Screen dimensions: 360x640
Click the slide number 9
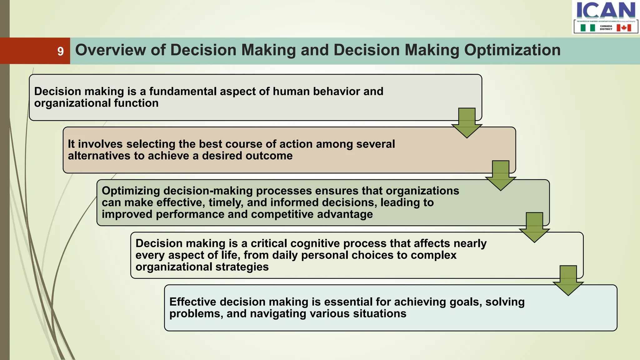click(x=60, y=51)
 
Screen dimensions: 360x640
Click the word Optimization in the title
click(x=512, y=50)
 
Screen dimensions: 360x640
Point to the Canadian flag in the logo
click(x=624, y=28)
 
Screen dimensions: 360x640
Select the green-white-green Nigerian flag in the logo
click(x=587, y=28)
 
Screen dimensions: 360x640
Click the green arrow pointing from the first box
click(x=467, y=123)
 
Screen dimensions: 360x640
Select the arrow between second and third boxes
click(x=501, y=176)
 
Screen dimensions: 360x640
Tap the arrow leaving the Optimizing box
click(x=534, y=227)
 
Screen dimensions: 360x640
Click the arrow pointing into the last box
click(x=568, y=280)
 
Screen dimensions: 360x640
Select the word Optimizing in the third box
click(x=131, y=191)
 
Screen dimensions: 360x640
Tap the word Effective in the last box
click(x=192, y=302)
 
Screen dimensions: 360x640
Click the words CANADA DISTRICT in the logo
click(x=606, y=28)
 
